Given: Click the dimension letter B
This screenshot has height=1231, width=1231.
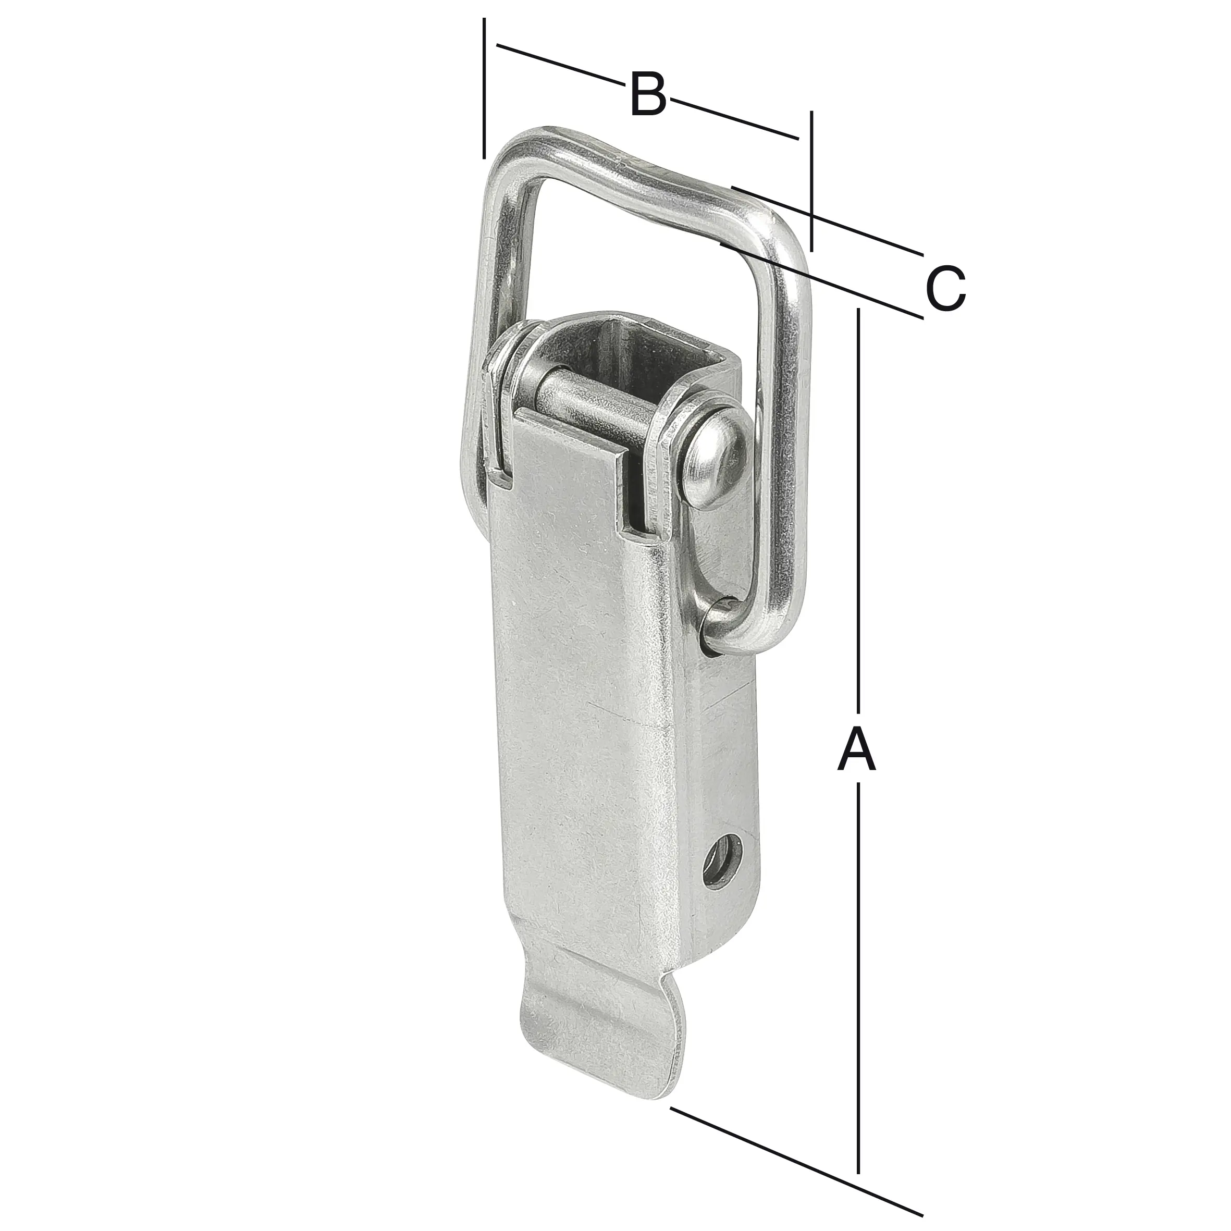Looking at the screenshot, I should coord(648,95).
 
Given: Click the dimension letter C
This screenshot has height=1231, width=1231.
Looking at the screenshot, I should coord(945,289).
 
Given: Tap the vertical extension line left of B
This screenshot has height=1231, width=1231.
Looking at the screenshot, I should coord(484,89).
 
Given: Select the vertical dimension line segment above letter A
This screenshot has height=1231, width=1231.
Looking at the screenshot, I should coord(859,510).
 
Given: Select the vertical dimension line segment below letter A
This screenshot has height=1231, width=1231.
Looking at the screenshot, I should coord(859,956).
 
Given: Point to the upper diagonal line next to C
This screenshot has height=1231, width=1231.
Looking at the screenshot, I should coord(828,220).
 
